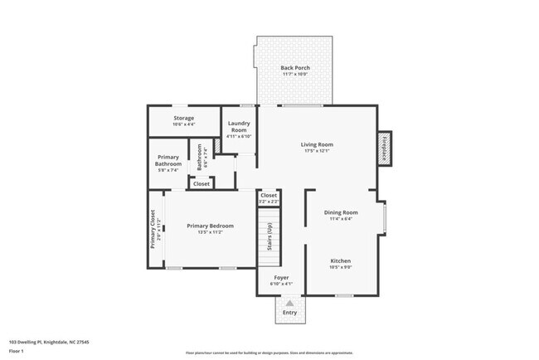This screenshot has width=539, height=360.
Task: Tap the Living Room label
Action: pos(316,144)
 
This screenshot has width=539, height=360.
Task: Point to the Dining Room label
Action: pos(341,212)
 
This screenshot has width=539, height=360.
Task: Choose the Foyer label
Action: pos(281,277)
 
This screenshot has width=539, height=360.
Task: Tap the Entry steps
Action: pos(289,311)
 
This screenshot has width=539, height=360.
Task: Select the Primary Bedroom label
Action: pos(210,226)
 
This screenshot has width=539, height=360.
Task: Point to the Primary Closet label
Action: pos(153,228)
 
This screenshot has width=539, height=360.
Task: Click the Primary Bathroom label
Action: pos(168,161)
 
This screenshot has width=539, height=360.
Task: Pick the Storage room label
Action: pos(183,118)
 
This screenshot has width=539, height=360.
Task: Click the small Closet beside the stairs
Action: pos(269,197)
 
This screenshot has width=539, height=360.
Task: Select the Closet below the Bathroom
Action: pos(202,183)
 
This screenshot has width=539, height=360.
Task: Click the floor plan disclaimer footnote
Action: pos(269,353)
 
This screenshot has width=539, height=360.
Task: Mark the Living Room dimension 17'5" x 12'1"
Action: pos(316,151)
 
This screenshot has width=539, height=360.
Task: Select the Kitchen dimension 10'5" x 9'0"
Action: pos(341,267)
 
